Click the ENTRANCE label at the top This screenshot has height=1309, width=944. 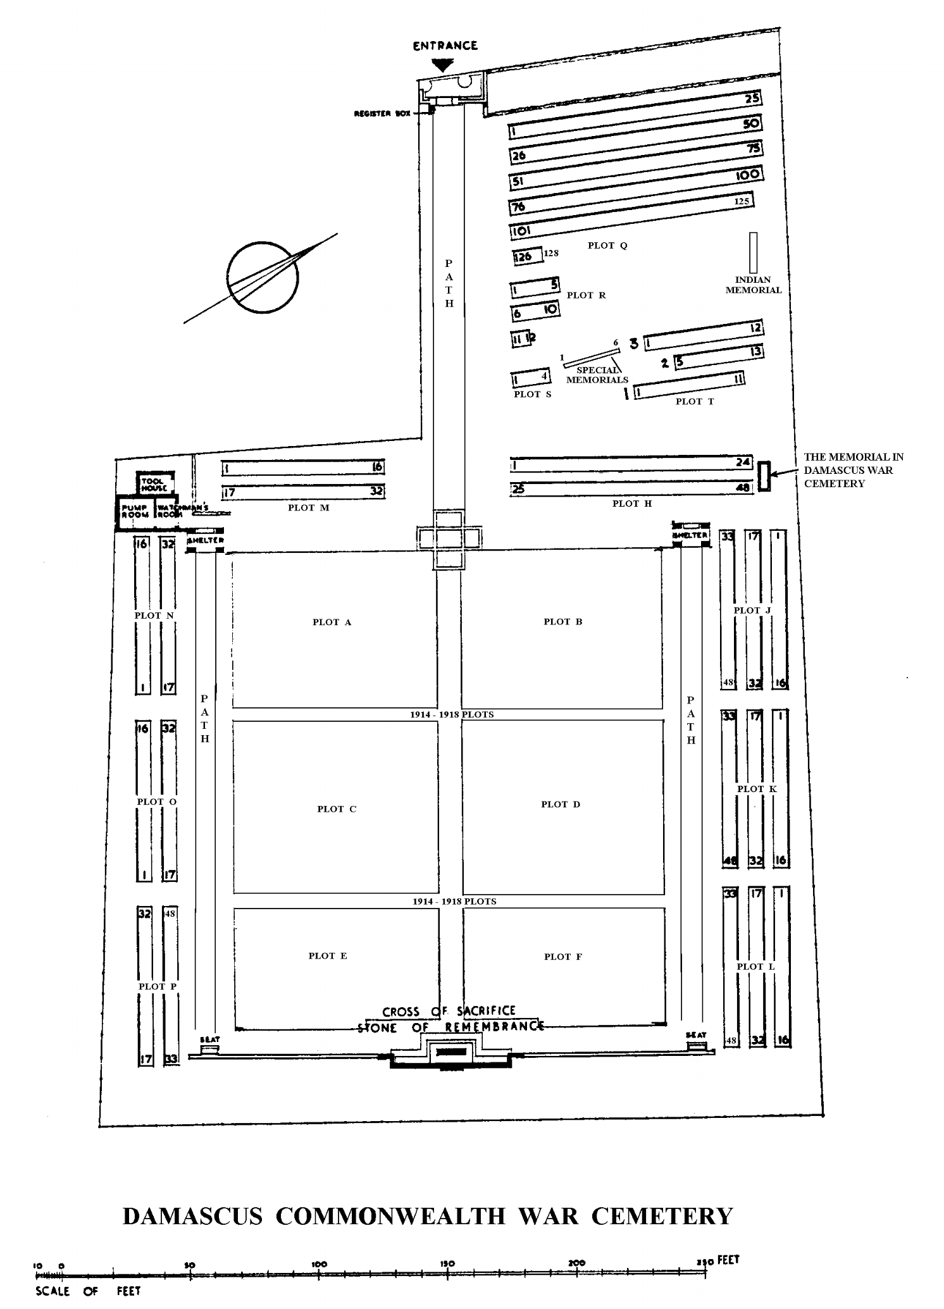(x=445, y=46)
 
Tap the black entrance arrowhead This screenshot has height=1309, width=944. (x=442, y=65)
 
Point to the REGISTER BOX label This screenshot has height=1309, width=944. (x=382, y=114)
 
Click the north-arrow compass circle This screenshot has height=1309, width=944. (x=262, y=277)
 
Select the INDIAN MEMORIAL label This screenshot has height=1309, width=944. (x=753, y=285)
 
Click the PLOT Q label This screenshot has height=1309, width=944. (x=607, y=245)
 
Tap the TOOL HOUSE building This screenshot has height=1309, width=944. (x=154, y=485)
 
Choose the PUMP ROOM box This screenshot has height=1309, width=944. (x=135, y=511)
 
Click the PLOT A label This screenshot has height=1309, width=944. (x=332, y=622)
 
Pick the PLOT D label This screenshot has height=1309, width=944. (x=560, y=804)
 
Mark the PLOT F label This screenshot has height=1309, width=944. (x=562, y=957)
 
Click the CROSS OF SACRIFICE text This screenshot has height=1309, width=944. (x=449, y=1011)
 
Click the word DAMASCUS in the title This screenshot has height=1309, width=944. (x=192, y=1216)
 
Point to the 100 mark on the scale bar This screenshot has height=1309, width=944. (x=320, y=1263)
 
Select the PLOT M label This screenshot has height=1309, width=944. (x=308, y=507)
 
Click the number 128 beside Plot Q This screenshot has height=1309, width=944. (x=551, y=253)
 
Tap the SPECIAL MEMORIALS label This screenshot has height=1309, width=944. (x=597, y=375)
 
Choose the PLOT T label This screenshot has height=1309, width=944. (x=694, y=401)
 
